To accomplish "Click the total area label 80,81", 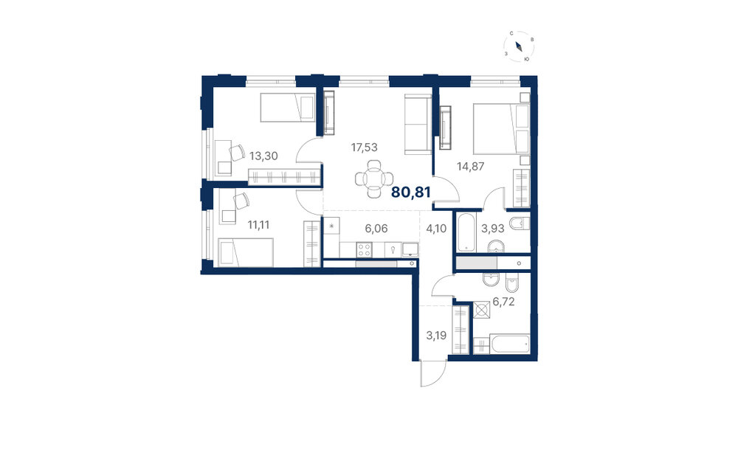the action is [411, 192].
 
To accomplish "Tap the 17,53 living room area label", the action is [365, 148].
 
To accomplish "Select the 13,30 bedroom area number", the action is [263, 156].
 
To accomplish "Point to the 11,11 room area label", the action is [258, 225].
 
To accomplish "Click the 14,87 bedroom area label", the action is [471, 166].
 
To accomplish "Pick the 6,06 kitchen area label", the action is [376, 229].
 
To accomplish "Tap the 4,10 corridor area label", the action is [436, 229].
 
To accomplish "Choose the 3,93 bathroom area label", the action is [493, 229].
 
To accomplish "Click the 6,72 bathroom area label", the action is [503, 302].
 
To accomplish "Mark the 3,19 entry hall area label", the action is [436, 336].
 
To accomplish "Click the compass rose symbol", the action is [519, 46].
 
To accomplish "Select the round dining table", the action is [374, 179].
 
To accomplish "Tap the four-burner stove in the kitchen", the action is [364, 249].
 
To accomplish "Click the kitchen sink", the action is [410, 249].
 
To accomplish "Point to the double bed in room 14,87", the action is [501, 129].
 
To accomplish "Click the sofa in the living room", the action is [418, 124].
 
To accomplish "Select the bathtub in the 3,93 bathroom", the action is [466, 232].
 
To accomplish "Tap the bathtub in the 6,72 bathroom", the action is [510, 344].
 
